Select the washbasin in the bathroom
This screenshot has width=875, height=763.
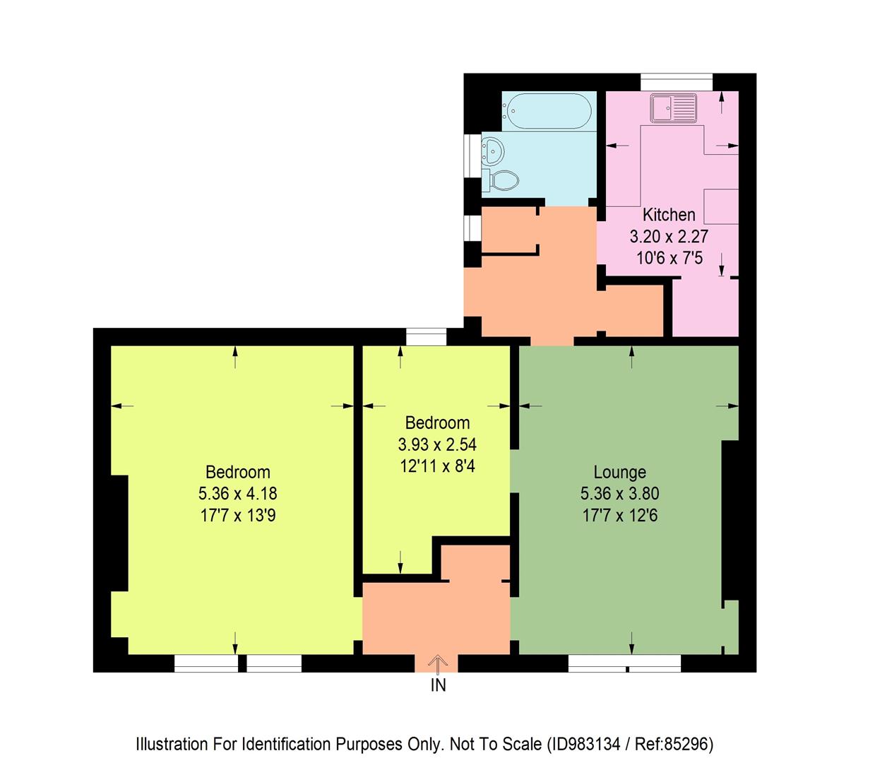pyautogui.click(x=492, y=150)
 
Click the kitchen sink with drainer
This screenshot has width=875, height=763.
pyautogui.click(x=674, y=108)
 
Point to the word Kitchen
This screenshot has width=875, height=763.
pyautogui.click(x=669, y=215)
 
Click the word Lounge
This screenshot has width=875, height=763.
pyautogui.click(x=619, y=472)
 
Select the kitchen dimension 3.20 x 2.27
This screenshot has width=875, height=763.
pyautogui.click(x=669, y=237)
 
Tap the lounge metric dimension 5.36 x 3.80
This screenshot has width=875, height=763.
pyautogui.click(x=619, y=494)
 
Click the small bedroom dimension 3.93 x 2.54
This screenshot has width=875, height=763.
pyautogui.click(x=437, y=444)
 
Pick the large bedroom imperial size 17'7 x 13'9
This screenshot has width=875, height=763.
pyautogui.click(x=238, y=516)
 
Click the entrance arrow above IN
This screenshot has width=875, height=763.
pyautogui.click(x=438, y=663)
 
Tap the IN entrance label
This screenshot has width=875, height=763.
pyautogui.click(x=438, y=685)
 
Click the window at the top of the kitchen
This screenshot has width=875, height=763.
pyautogui.click(x=677, y=82)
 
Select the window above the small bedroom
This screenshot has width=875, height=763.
pyautogui.click(x=427, y=337)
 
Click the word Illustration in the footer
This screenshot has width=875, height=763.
pyautogui.click(x=172, y=744)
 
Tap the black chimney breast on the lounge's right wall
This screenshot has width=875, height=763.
pyautogui.click(x=730, y=520)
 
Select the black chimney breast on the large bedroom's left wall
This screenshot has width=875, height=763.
pyautogui.click(x=119, y=533)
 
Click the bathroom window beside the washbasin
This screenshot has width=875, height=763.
pyautogui.click(x=471, y=153)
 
